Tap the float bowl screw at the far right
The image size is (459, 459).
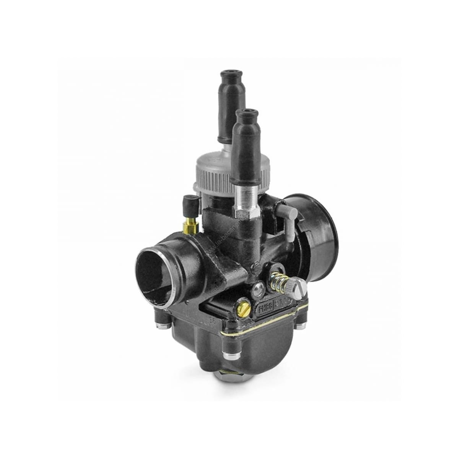(x=301, y=324)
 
